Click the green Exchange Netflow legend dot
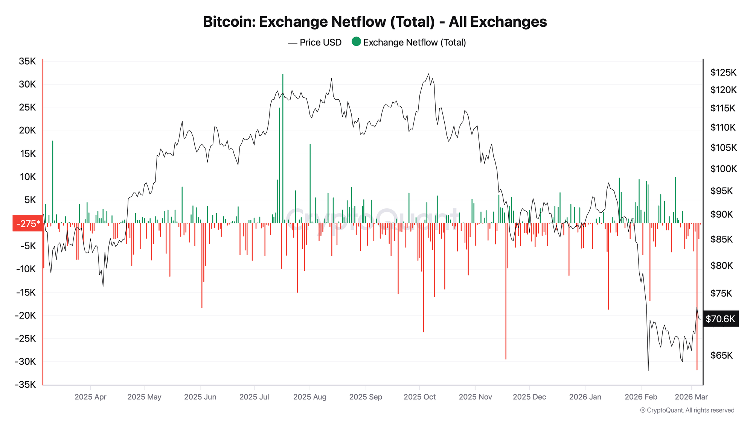click(x=356, y=42)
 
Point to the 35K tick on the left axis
click(x=27, y=61)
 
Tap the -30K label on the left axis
click(x=25, y=361)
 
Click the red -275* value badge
click(x=28, y=224)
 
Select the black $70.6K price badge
click(x=720, y=319)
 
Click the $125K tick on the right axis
click(x=723, y=72)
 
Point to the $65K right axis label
click(x=721, y=355)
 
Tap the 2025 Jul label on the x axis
click(x=254, y=397)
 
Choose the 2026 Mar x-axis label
click(x=691, y=397)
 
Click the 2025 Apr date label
click(x=90, y=397)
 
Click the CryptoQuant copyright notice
click(x=687, y=410)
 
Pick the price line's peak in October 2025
click(x=428, y=74)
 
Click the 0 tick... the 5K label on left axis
click(x=30, y=200)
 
